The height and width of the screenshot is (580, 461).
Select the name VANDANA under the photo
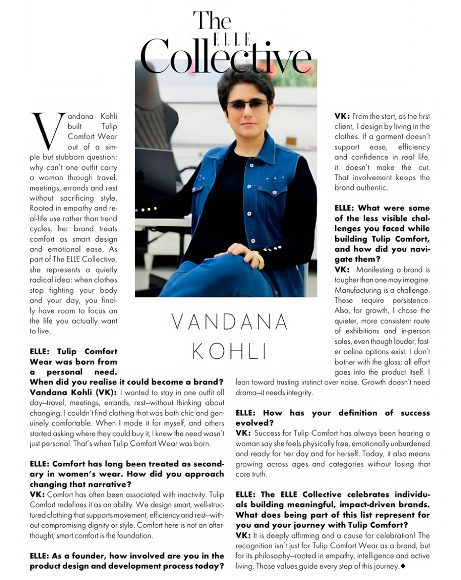229,323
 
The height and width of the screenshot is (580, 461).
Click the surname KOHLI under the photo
229,351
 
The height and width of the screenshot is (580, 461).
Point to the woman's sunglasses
247,104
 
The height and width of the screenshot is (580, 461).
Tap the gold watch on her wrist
260,261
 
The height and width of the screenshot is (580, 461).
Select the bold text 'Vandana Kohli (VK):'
74,392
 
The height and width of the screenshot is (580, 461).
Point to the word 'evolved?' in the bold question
252,423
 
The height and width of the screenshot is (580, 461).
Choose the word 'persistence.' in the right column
409,300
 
